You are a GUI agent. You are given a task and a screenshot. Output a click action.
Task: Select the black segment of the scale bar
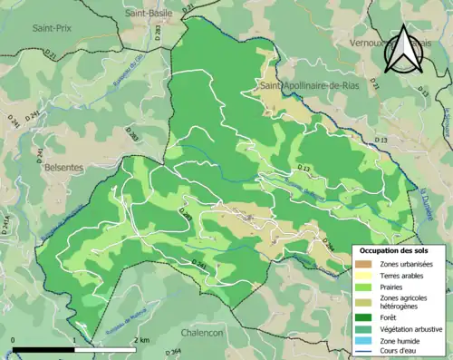[x=43, y=349]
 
